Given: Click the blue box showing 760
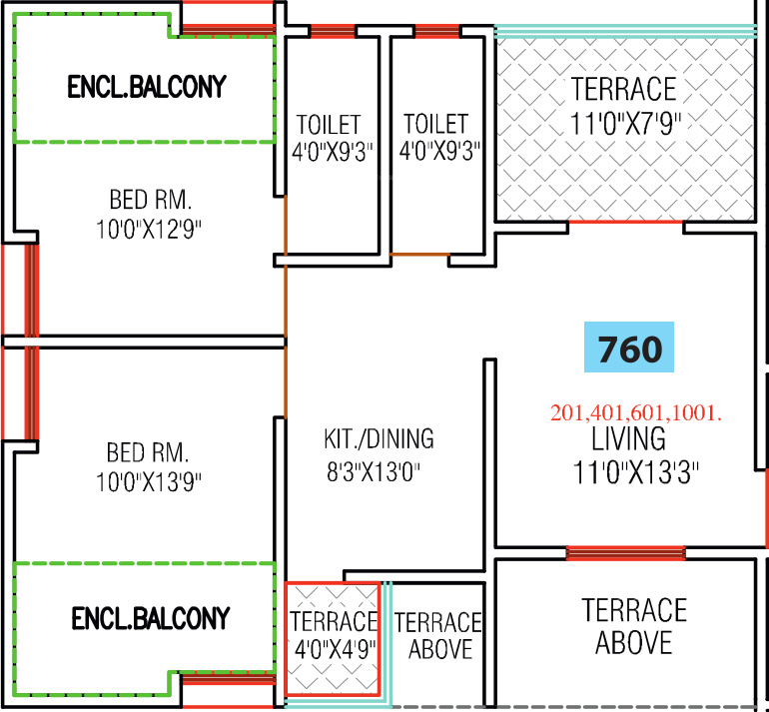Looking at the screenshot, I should click(629, 349).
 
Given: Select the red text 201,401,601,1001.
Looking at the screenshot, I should click(636, 412).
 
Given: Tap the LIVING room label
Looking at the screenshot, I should click(628, 438).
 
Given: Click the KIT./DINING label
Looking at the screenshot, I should click(379, 439).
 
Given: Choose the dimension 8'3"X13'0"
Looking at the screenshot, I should click(379, 471).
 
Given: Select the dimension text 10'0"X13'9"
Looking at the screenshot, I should click(150, 483).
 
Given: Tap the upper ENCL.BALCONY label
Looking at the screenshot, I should click(147, 87).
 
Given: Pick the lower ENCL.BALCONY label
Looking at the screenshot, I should click(151, 618).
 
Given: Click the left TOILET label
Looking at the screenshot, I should click(329, 125).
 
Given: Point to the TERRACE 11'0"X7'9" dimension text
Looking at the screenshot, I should click(623, 125).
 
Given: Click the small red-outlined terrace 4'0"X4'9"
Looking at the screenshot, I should click(334, 636).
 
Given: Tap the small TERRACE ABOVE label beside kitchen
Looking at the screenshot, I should click(438, 636).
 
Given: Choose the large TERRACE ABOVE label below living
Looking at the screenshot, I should click(634, 625).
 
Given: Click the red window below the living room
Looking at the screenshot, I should click(625, 552).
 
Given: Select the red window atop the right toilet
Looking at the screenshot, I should click(436, 32).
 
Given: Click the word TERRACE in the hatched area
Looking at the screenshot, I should click(623, 89).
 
